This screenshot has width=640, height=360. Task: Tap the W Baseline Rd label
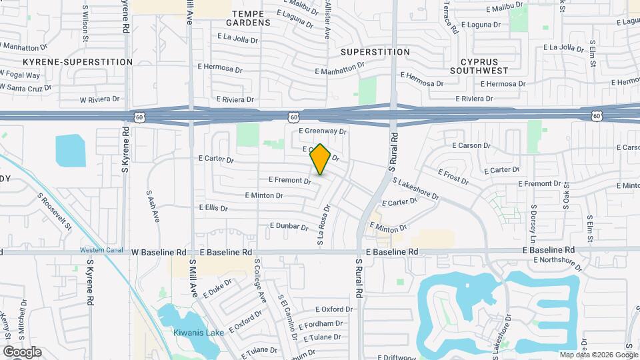(159, 253)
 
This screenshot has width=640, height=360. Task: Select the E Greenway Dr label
(323, 131)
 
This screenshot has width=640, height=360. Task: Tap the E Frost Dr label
(454, 174)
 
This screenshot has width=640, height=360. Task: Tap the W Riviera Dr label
(99, 100)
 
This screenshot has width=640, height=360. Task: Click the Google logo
(22, 352)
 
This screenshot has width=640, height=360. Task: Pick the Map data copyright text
(598, 355)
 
